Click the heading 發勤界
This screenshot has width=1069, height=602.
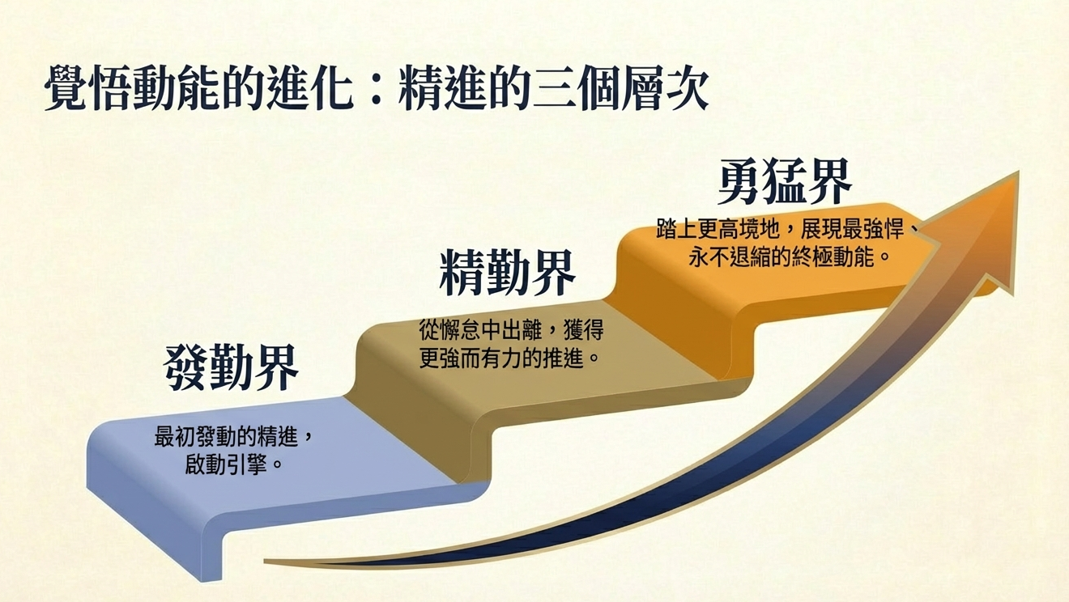[231, 367]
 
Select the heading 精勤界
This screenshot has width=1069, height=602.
[507, 272]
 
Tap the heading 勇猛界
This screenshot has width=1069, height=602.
[785, 181]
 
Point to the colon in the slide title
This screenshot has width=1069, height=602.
[376, 89]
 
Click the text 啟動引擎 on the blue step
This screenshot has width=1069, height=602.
[226, 464]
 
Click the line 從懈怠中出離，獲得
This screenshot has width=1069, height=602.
[512, 329]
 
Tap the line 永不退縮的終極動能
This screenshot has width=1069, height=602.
[782, 256]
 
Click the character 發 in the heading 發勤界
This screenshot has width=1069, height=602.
[185, 367]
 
